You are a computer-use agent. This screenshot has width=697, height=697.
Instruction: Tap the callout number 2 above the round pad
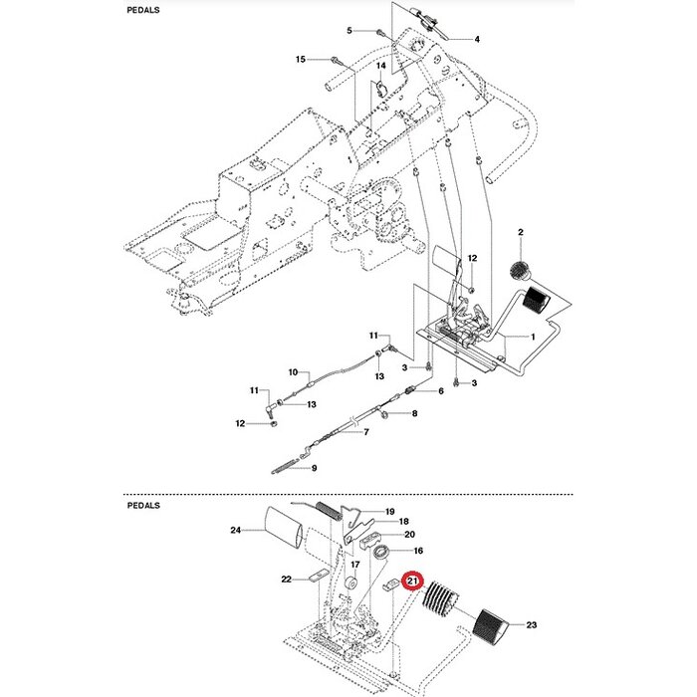[x=520, y=232]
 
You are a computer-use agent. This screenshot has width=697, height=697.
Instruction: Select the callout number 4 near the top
[x=476, y=39]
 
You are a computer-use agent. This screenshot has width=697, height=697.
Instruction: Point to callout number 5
[x=349, y=31]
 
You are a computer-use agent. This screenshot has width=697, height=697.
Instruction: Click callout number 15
[x=301, y=60]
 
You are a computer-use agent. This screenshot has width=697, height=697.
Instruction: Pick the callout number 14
[x=380, y=66]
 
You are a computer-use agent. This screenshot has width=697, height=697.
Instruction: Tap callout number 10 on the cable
[x=294, y=372]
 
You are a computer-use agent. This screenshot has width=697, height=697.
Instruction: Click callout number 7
[x=365, y=432]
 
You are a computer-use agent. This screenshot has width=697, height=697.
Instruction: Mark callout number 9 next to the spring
[x=314, y=468]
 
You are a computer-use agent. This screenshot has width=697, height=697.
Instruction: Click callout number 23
[x=531, y=625]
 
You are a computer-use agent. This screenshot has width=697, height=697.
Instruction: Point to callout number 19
[x=390, y=510]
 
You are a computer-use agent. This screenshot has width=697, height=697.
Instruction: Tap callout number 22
[x=285, y=580]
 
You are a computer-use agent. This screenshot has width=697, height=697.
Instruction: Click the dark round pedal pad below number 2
[x=519, y=269]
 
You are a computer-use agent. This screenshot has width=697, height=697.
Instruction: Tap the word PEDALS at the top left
[x=145, y=9]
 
